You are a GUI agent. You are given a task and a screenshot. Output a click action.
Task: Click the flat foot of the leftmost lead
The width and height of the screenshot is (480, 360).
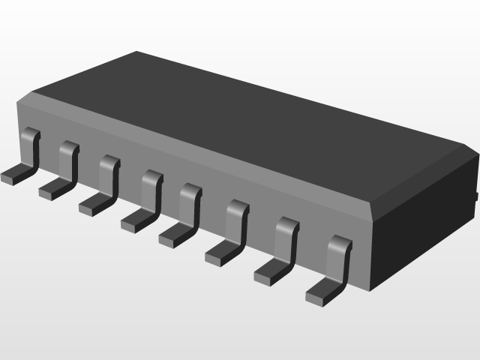coord(13,175)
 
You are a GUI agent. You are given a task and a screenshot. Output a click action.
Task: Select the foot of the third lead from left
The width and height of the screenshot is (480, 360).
coord(92,202)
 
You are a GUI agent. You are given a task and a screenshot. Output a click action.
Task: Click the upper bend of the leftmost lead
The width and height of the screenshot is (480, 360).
coord(29,134)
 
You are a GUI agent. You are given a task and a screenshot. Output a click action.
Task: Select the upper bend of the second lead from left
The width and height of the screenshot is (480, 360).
coord(69,147)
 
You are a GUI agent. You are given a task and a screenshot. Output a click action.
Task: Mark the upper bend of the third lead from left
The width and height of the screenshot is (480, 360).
coord(109,161)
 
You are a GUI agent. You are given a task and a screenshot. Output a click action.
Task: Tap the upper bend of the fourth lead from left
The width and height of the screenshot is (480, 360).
coord(152,177)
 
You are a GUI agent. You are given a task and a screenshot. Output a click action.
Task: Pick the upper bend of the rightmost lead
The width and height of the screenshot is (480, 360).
coord(340,243)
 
